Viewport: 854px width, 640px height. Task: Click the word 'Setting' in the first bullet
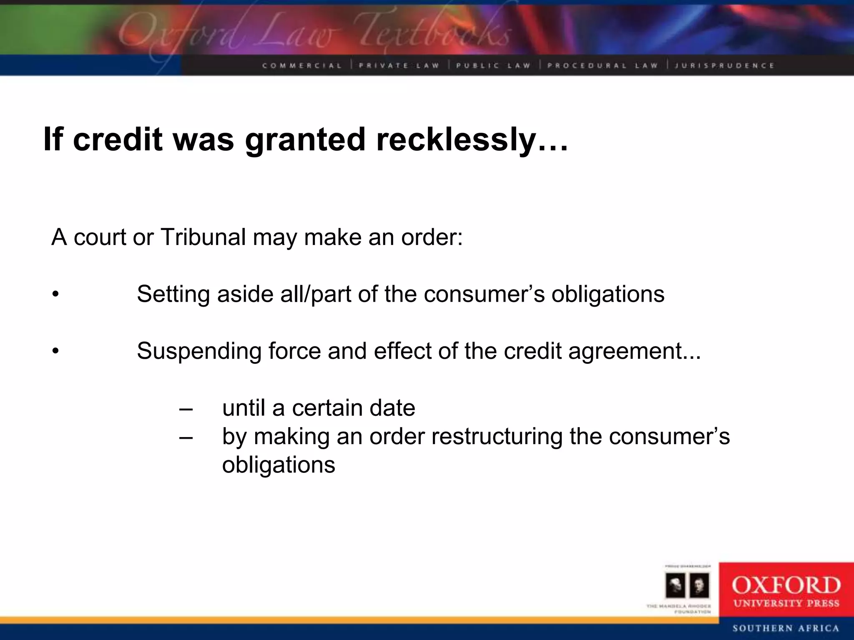(x=173, y=294)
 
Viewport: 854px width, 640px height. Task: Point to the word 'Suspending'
(x=198, y=351)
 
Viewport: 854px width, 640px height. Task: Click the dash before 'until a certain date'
(x=186, y=408)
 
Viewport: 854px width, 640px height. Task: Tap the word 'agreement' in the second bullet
(x=625, y=351)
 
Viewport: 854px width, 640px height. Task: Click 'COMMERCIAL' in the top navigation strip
(x=302, y=65)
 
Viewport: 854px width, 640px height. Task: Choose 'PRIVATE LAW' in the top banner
(x=399, y=65)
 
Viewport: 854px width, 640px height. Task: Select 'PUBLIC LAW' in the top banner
(x=493, y=65)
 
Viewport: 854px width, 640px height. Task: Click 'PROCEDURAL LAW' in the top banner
(x=603, y=65)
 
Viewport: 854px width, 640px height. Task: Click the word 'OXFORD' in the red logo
(x=786, y=585)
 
